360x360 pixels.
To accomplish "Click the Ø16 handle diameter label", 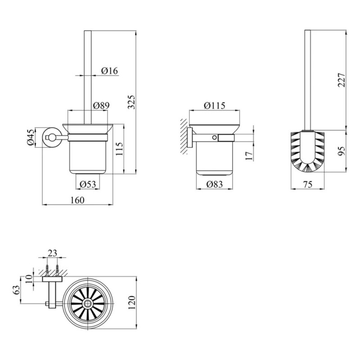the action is (109, 71).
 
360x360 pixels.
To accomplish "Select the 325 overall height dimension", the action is (131, 102).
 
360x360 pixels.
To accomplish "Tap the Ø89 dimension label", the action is (101, 105).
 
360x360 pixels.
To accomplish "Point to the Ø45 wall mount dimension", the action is (31, 137).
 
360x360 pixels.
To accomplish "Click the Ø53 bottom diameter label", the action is (88, 184).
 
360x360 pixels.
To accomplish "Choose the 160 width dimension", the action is (77, 200).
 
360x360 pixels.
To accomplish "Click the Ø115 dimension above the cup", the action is (215, 106).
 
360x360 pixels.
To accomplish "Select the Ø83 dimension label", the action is (215, 184).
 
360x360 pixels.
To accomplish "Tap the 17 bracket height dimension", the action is (249, 156).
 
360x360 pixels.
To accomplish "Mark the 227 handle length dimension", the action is (342, 80).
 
